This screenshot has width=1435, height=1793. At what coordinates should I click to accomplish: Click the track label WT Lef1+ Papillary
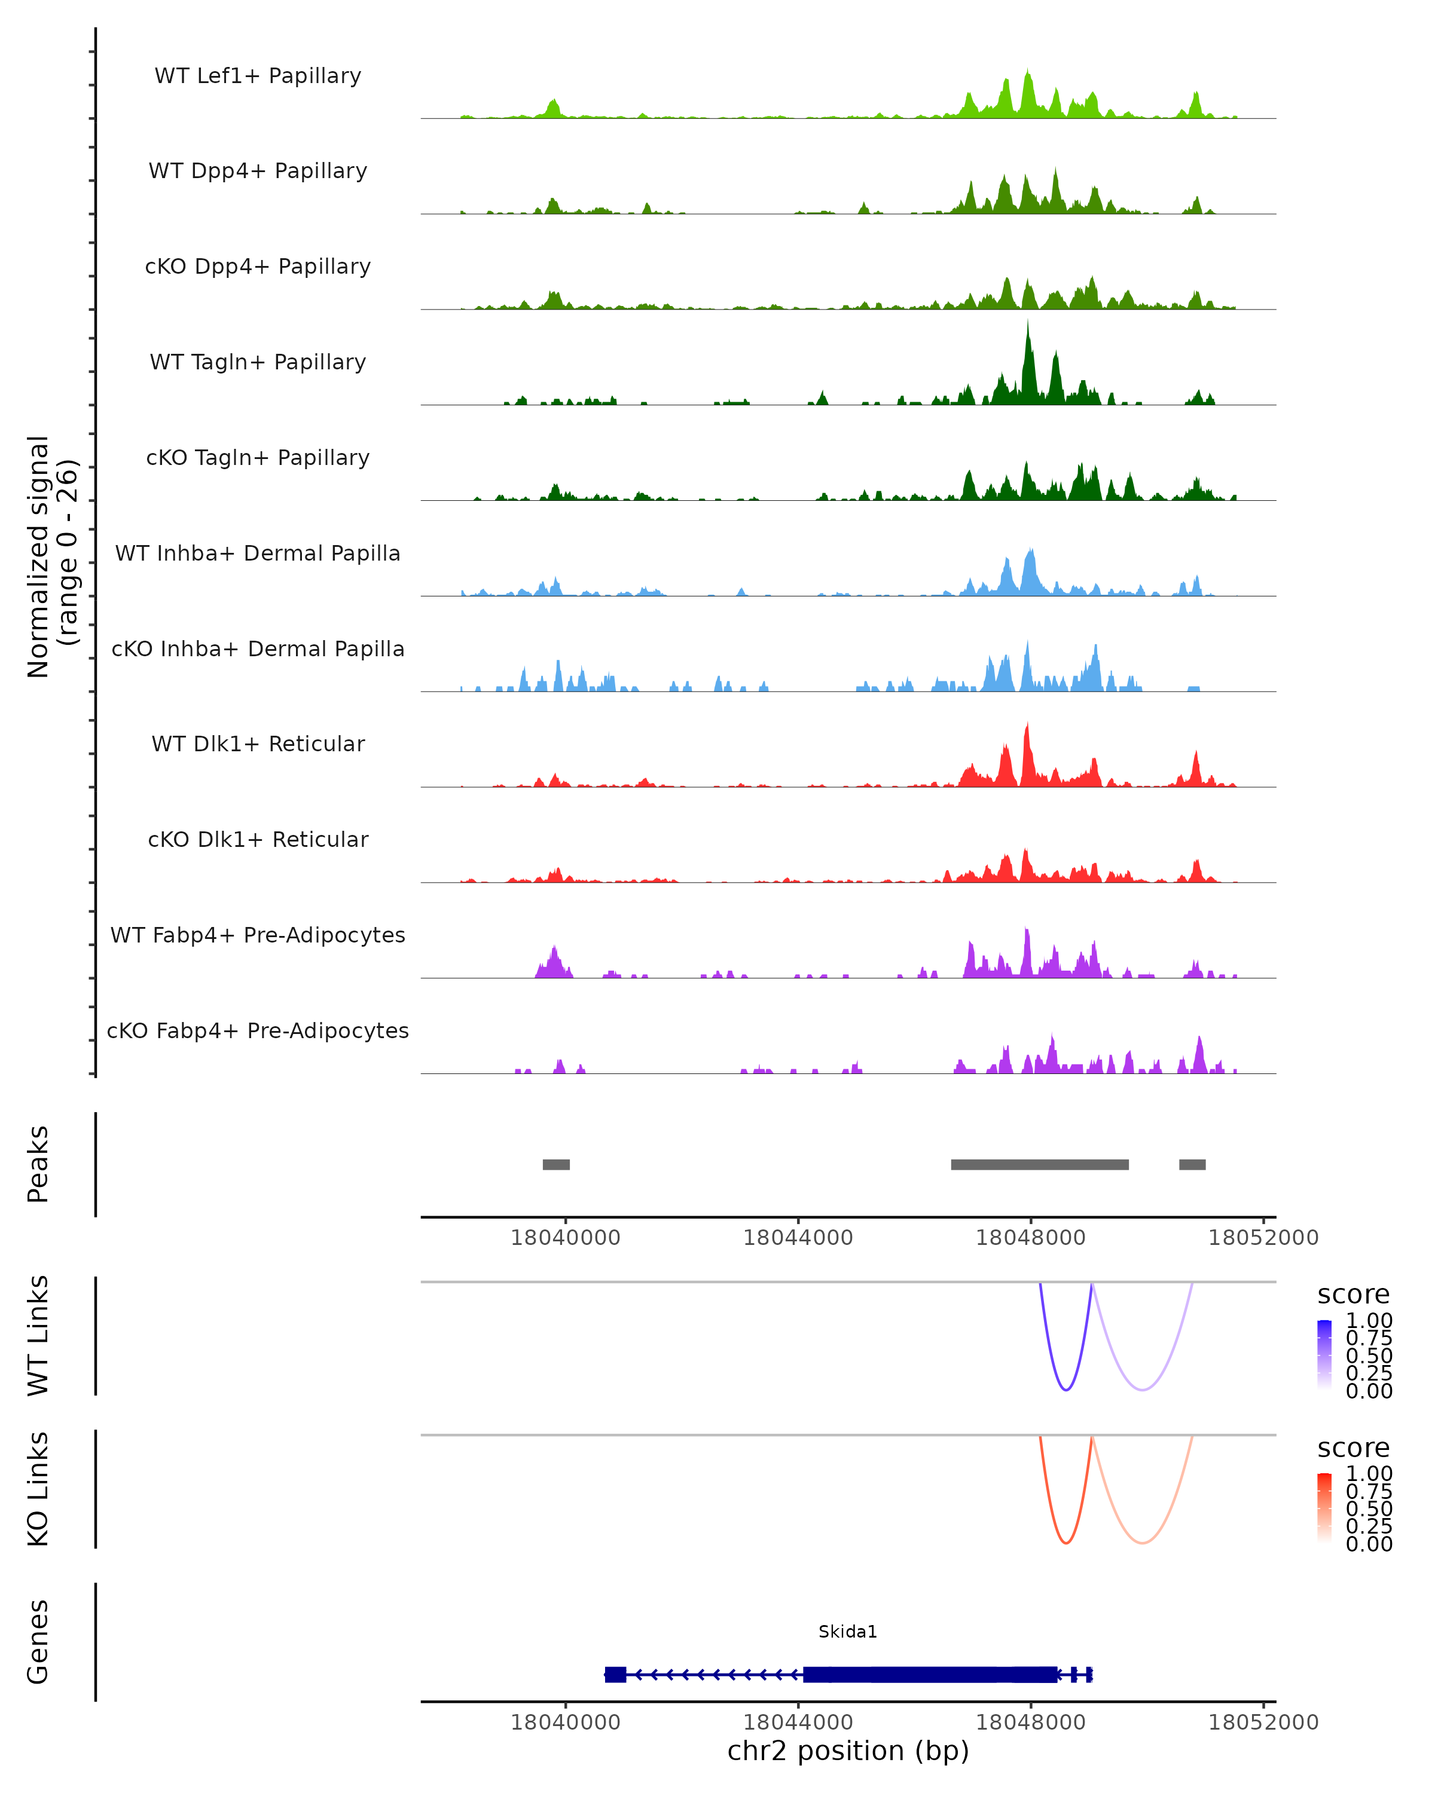[258, 76]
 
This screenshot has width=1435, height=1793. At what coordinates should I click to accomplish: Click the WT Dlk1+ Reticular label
[258, 743]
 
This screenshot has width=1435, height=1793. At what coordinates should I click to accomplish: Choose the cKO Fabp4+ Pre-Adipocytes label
[258, 1030]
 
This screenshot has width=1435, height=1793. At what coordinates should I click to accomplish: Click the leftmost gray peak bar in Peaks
[555, 1164]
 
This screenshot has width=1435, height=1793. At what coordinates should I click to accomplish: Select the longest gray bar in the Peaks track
[1039, 1164]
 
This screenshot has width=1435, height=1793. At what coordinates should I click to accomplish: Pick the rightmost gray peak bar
[1192, 1164]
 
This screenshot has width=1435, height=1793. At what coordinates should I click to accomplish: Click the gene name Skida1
[848, 1632]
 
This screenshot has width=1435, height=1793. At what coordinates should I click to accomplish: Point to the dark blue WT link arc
[1065, 1390]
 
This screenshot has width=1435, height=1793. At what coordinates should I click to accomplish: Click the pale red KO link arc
[1143, 1543]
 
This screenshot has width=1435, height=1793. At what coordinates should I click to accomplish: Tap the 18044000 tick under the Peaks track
[798, 1238]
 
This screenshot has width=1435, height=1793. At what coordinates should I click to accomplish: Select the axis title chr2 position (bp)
[848, 1751]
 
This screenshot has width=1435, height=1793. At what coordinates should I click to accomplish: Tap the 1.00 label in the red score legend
[1369, 1474]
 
